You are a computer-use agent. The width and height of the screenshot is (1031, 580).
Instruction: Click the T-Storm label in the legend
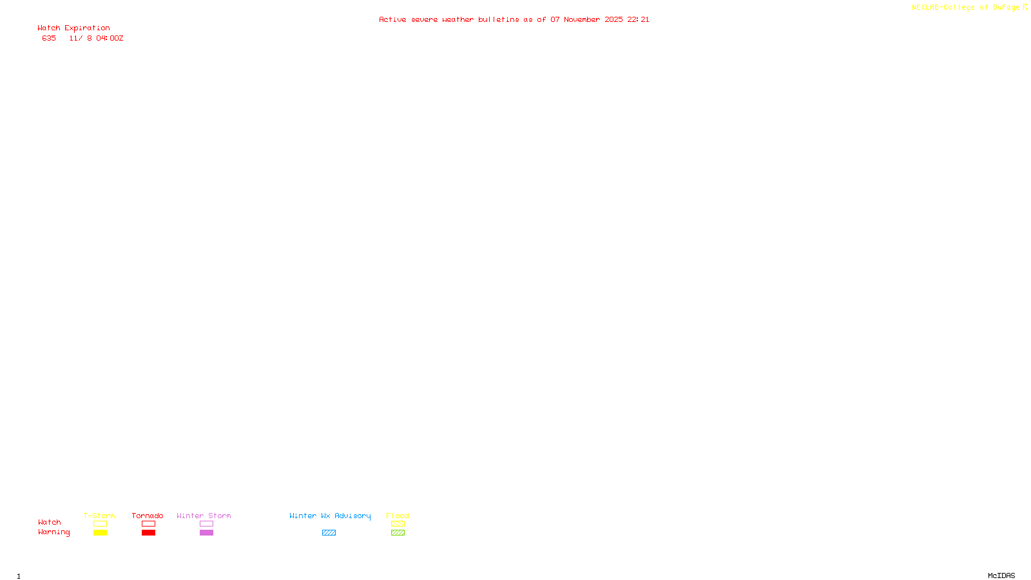99,516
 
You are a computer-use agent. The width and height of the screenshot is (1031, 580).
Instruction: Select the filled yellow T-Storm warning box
100,533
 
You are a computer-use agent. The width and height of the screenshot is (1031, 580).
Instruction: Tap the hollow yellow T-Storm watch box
100,524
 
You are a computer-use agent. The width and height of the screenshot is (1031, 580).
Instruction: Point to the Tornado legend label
148,516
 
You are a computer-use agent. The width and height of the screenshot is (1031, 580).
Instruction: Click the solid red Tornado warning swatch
148,533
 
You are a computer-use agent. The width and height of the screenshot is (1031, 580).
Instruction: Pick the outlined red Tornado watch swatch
148,524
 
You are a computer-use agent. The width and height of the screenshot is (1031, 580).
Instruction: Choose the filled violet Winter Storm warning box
206,533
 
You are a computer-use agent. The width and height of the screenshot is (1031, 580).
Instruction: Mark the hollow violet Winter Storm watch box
206,524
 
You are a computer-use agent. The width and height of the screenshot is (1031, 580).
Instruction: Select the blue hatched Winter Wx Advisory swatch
329,533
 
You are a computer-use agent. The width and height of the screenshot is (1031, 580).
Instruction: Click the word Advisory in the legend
352,516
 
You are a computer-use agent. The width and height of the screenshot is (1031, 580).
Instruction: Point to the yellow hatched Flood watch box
398,524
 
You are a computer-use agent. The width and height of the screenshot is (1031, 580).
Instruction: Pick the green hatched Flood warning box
398,533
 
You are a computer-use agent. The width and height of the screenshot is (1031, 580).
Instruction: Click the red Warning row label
53,532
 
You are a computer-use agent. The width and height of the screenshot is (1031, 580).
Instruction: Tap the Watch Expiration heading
73,28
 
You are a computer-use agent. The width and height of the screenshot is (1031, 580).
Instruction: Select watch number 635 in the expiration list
49,39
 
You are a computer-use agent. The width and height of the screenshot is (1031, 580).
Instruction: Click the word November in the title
582,20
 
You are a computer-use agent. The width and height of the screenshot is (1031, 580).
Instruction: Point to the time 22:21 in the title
638,20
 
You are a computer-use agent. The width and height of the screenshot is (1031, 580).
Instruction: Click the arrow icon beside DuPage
1025,7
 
